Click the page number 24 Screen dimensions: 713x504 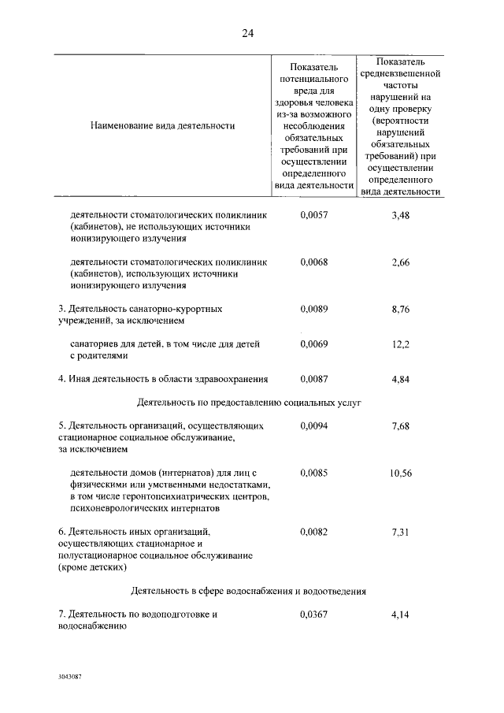tap(248, 33)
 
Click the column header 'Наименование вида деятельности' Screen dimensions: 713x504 tap(162, 124)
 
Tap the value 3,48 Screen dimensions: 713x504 tap(401, 214)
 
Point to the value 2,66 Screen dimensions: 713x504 tap(401, 262)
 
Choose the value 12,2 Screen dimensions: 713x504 tap(401, 344)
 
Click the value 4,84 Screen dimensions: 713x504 tap(401, 378)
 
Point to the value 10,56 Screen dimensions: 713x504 tap(401, 473)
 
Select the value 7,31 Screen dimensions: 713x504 tap(401, 533)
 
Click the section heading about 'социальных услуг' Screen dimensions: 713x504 tap(248, 402)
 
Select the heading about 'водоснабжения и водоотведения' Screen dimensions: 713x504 tap(248, 590)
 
